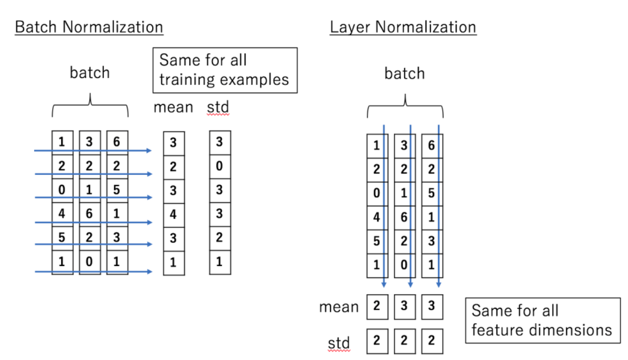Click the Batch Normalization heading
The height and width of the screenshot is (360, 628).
89,27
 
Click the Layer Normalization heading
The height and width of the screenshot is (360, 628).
403,27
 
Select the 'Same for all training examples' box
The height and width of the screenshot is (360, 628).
225,70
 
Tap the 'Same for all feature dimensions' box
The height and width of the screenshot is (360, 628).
543,320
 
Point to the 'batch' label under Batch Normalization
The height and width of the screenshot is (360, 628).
89,72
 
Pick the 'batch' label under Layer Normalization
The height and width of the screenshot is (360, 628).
404,73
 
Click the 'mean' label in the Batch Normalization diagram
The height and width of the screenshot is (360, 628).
173,107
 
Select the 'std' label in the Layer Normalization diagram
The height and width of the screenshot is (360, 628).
339,343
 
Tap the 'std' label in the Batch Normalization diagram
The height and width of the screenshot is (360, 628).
219,107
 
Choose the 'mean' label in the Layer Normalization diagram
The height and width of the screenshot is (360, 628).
339,307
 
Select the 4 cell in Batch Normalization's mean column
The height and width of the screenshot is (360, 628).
174,215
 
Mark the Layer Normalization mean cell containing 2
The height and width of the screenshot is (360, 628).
377,307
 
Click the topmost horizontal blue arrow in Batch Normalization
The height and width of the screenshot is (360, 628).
93,150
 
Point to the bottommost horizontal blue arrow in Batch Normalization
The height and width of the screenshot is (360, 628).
93,272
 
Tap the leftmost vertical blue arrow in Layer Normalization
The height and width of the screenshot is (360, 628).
384,206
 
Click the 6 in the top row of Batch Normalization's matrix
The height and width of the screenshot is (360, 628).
117,142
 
